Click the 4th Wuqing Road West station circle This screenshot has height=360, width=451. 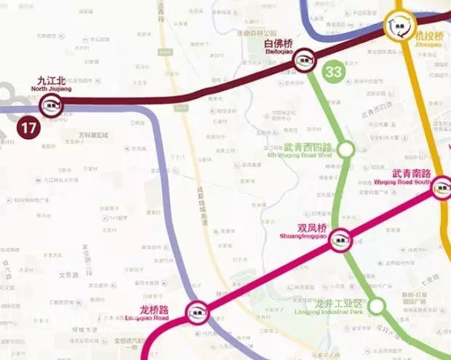tap(346, 150)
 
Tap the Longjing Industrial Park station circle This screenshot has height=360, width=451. tap(376, 305)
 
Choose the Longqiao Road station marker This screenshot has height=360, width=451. tap(195, 312)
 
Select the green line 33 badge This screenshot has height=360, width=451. tap(334, 72)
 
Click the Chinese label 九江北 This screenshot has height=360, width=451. tap(51, 81)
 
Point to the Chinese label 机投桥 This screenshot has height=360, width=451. tap(428, 35)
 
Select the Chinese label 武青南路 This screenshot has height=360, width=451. tap(412, 174)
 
